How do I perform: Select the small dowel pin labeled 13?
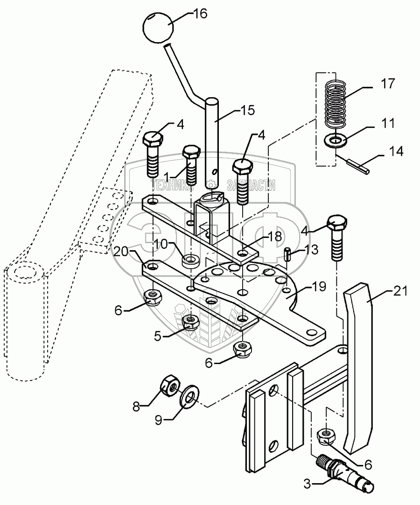[288, 255]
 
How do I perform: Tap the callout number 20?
[120, 252]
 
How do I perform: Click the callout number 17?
[387, 84]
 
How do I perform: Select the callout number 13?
[311, 249]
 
